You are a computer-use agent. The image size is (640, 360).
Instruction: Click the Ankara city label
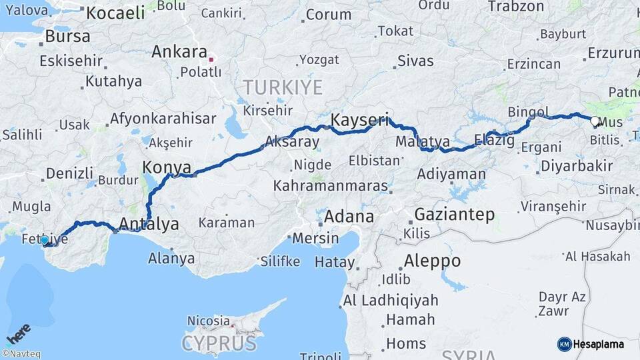pyautogui.click(x=179, y=51)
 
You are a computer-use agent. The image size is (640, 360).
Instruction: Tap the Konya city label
pyautogui.click(x=167, y=167)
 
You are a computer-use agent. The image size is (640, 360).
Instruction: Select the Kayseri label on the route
pyautogui.click(x=360, y=121)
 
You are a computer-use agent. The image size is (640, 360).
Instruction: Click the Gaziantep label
pyautogui.click(x=455, y=215)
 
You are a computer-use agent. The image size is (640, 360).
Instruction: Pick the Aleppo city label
pyautogui.click(x=431, y=261)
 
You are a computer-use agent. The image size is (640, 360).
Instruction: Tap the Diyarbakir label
pyautogui.click(x=577, y=166)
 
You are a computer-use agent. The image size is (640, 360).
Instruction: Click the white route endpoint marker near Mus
pyautogui.click(x=595, y=121)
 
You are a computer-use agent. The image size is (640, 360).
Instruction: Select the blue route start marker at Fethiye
pyautogui.click(x=45, y=240)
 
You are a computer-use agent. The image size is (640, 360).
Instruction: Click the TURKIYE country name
pyautogui.click(x=283, y=87)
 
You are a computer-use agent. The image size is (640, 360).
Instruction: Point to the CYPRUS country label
pyautogui.click(x=219, y=343)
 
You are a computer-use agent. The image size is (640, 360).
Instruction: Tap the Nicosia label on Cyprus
pyautogui.click(x=208, y=321)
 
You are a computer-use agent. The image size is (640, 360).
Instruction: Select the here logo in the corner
pyautogui.click(x=18, y=333)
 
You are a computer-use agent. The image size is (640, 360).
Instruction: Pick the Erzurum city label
pyautogui.click(x=611, y=53)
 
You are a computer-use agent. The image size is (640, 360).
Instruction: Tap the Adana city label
pyautogui.click(x=349, y=217)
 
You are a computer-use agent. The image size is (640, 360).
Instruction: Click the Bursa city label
pyautogui.click(x=68, y=37)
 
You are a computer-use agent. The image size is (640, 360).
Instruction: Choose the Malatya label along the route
pyautogui.click(x=423, y=142)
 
